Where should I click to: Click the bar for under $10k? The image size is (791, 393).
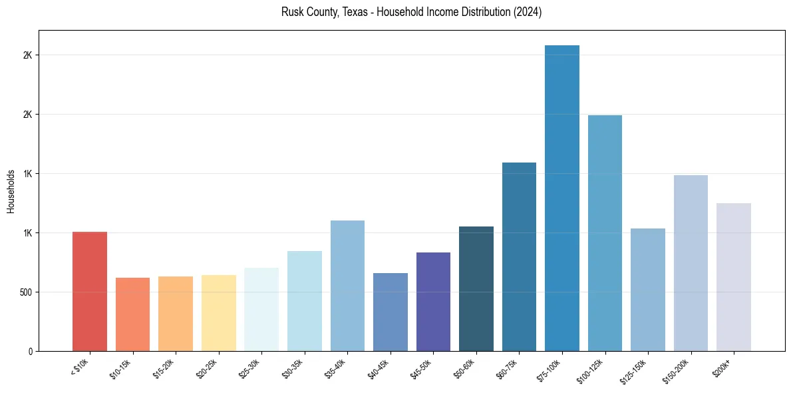coord(90,291)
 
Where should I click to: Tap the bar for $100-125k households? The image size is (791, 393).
coord(605,233)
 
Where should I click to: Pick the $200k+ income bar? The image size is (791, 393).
coord(734,277)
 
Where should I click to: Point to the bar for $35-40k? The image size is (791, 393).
coord(347,286)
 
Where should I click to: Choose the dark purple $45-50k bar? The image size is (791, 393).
coord(433,302)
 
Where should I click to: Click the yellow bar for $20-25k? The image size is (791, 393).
coord(219,313)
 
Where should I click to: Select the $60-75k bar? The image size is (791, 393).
coord(519,256)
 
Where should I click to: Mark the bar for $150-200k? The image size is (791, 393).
coord(691,263)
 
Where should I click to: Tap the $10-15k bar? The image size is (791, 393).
coord(132,314)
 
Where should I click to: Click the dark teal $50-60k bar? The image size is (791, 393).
coord(476,288)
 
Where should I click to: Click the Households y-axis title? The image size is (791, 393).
coord(11,191)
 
